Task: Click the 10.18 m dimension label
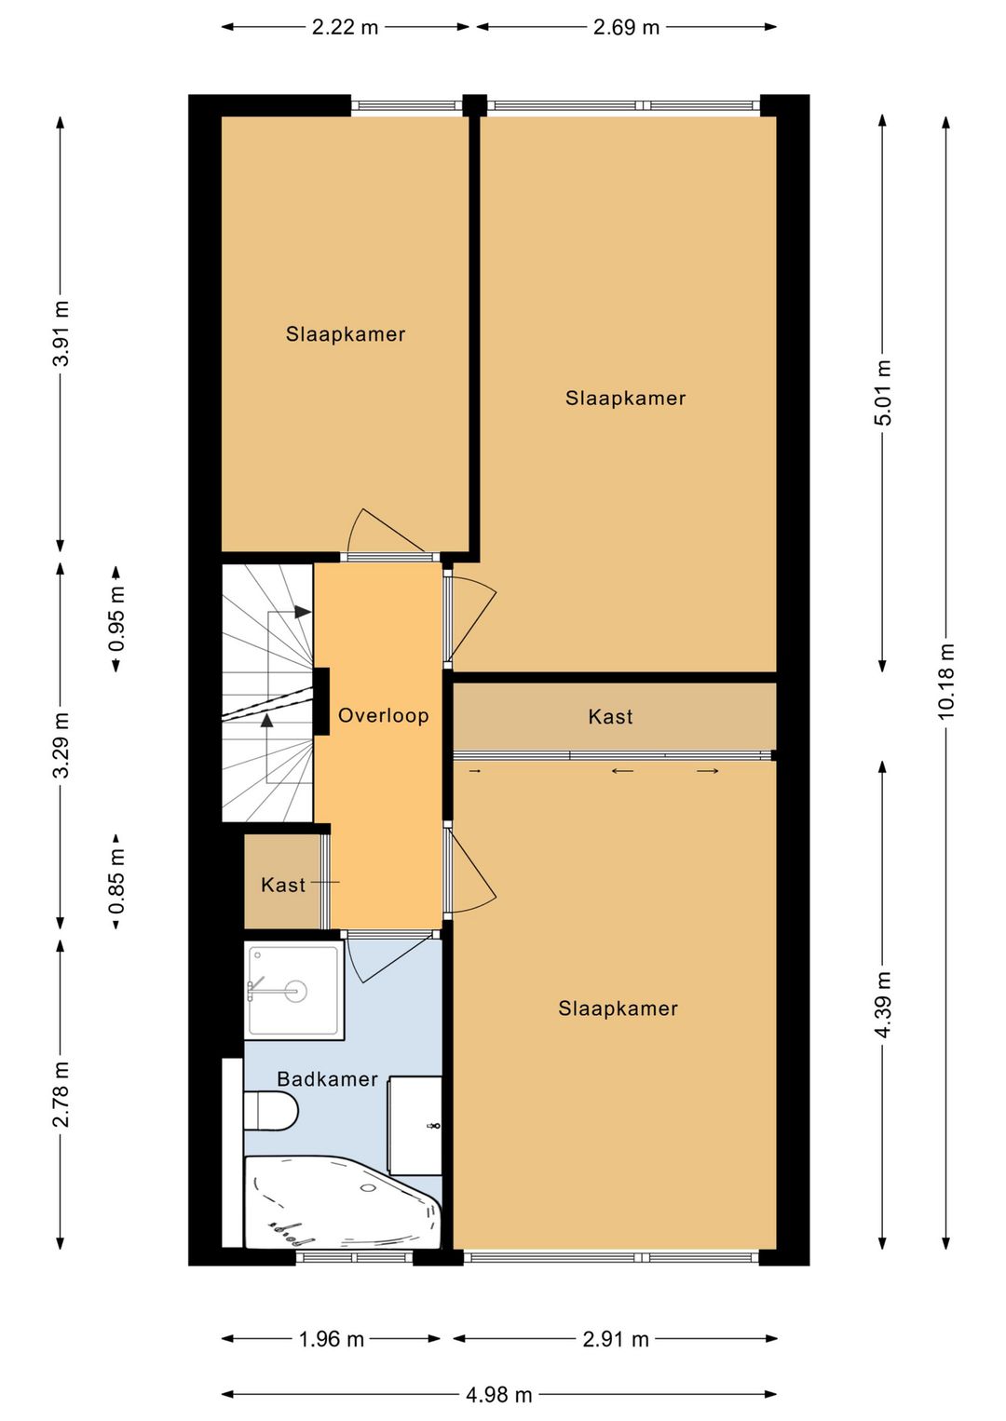(x=945, y=681)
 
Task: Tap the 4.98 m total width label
(x=499, y=1394)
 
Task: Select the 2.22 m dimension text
(x=345, y=27)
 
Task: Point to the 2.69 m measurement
(x=627, y=27)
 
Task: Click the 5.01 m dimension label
(x=883, y=392)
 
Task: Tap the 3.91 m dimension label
(x=61, y=333)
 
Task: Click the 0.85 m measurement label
(x=116, y=881)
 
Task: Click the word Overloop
(x=384, y=715)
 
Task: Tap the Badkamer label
(x=328, y=1079)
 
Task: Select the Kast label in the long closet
(x=610, y=717)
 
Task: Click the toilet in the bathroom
(x=271, y=1111)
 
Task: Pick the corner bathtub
(x=342, y=1202)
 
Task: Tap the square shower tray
(x=294, y=990)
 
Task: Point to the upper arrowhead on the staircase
(x=303, y=612)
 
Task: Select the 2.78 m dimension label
(x=61, y=1093)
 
